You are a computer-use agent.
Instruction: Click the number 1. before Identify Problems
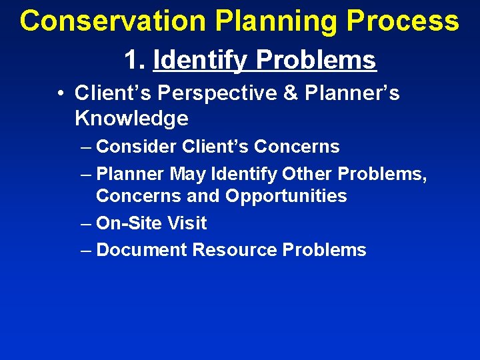pyautogui.click(x=135, y=60)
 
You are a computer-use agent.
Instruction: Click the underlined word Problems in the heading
pyautogui.click(x=316, y=61)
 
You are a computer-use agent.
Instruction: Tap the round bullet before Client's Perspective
pyautogui.click(x=60, y=93)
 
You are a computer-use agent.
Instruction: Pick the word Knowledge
pyautogui.click(x=131, y=119)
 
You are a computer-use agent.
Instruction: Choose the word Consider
pyautogui.click(x=136, y=147)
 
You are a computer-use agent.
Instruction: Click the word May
pyautogui.click(x=188, y=174)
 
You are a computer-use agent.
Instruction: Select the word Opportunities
pyautogui.click(x=286, y=196)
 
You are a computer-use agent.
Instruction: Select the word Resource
pyautogui.click(x=234, y=250)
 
